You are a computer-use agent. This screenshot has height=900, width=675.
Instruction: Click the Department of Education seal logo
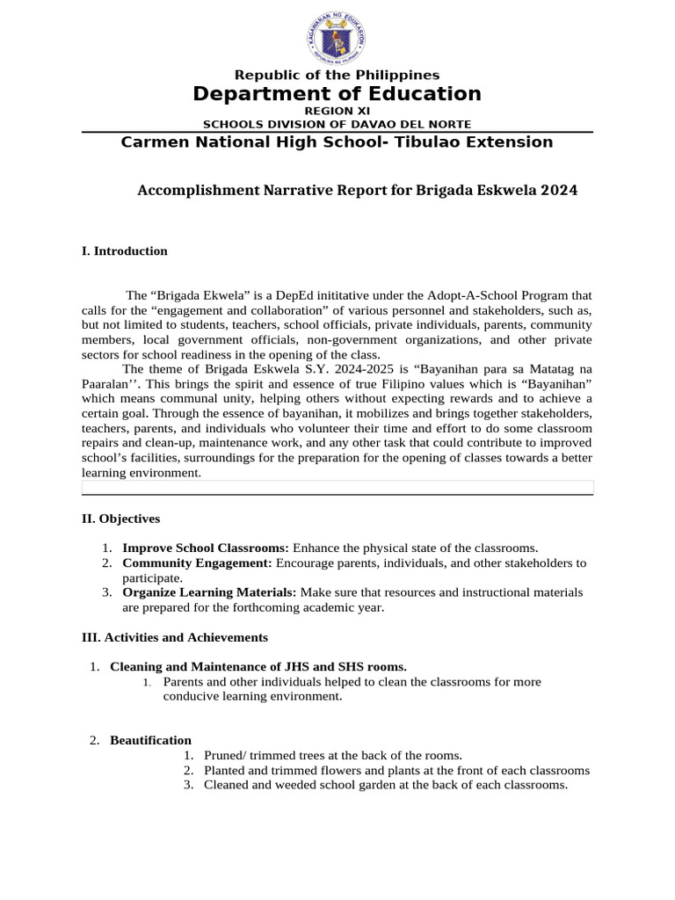pyautogui.click(x=337, y=37)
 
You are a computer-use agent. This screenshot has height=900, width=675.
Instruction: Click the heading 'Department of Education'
pyautogui.click(x=337, y=94)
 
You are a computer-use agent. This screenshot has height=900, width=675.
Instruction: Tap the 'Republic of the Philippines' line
pyautogui.click(x=337, y=76)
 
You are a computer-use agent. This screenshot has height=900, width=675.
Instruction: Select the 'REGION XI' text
pyautogui.click(x=337, y=111)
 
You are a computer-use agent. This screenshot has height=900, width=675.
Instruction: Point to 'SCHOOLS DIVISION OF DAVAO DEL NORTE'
pyautogui.click(x=337, y=124)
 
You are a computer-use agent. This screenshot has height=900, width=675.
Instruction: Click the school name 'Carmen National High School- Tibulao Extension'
pyautogui.click(x=337, y=142)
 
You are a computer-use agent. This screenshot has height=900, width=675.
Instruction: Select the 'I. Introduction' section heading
pyautogui.click(x=124, y=251)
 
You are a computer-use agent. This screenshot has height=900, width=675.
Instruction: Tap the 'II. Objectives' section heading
pyautogui.click(x=120, y=519)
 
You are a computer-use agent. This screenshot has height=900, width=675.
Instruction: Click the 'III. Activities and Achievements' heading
pyautogui.click(x=174, y=637)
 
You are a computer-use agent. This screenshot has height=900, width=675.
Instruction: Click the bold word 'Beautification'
pyautogui.click(x=150, y=740)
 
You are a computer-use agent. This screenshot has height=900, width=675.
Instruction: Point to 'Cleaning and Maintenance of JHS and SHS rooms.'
pyautogui.click(x=258, y=667)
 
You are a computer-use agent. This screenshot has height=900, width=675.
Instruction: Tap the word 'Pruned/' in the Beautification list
pyautogui.click(x=225, y=755)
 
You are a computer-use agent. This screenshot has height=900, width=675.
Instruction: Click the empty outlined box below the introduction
pyautogui.click(x=337, y=487)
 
